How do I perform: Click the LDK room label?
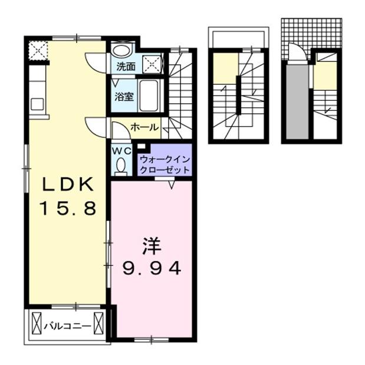pos(67,185)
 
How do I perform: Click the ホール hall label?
pos(143,127)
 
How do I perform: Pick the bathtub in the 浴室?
pos(150,94)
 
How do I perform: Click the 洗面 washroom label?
pos(124,67)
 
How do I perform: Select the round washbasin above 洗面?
pos(121,51)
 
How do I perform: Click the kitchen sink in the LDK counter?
pos(37,105)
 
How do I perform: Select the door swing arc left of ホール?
pos(95,124)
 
